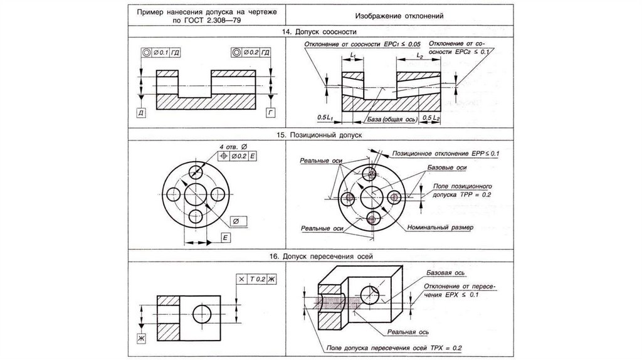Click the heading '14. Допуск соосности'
(x=319, y=32)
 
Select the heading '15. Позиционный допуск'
(x=319, y=135)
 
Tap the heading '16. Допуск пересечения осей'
(x=321, y=257)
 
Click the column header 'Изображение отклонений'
(x=399, y=16)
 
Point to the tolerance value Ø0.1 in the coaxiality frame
(x=161, y=53)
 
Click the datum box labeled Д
(x=141, y=113)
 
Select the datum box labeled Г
(x=270, y=112)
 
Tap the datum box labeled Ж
(x=141, y=338)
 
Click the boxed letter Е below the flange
(x=226, y=238)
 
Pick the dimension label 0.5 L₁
(x=325, y=117)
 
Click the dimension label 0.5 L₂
(x=431, y=118)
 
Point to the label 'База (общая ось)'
(x=392, y=119)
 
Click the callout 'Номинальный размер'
(x=440, y=227)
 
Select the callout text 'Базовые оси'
(x=446, y=167)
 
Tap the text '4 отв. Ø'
(x=233, y=147)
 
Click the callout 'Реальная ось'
(x=408, y=332)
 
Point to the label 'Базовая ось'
(x=446, y=273)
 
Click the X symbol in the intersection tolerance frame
(x=241, y=279)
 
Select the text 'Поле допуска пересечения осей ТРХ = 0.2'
(x=394, y=348)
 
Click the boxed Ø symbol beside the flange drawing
(x=236, y=221)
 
